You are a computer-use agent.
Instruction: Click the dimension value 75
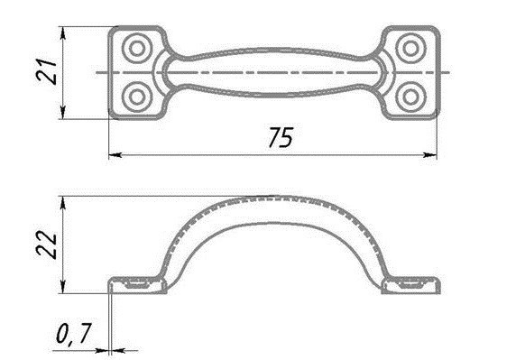pos(280,137)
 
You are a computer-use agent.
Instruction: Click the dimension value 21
pos(47,72)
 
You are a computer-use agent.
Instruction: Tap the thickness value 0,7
pos(73,334)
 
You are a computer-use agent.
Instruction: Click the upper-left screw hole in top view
pos(137,49)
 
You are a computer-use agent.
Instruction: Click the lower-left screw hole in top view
pos(137,97)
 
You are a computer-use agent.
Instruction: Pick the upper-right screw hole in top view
pos(410,49)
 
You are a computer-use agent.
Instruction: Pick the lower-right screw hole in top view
pos(410,97)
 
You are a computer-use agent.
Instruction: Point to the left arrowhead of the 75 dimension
pos(115,154)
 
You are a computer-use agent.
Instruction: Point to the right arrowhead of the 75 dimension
pos(430,154)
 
